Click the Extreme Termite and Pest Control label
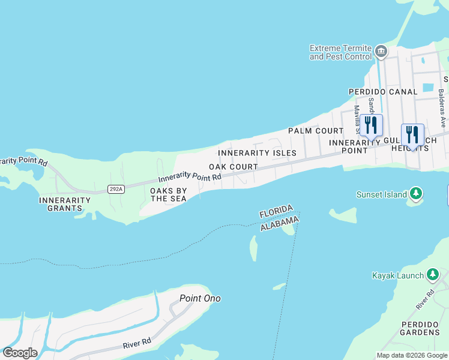click(340, 52)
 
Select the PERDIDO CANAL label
click(383, 92)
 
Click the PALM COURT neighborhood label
click(315, 131)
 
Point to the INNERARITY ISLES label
click(257, 154)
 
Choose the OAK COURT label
click(234, 167)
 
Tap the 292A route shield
click(116, 189)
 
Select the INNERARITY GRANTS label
click(60, 204)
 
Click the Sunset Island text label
click(382, 194)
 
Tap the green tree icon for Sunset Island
click(415, 194)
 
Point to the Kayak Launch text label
click(397, 275)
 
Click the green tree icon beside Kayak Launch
click(432, 275)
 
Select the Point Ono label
click(200, 298)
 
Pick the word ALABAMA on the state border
click(279, 224)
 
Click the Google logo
click(20, 352)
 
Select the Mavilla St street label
click(356, 119)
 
